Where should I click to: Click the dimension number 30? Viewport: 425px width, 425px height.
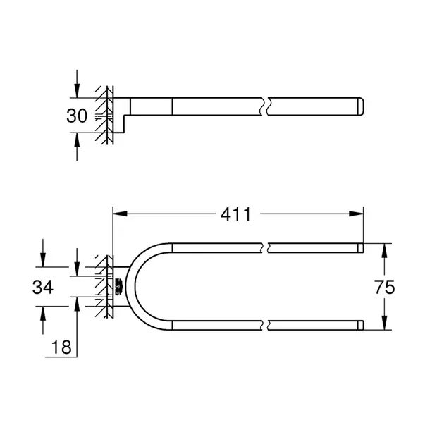pyautogui.click(x=77, y=116)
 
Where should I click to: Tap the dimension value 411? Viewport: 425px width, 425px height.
pyautogui.click(x=236, y=214)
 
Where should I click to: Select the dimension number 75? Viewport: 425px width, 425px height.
pyautogui.click(x=385, y=287)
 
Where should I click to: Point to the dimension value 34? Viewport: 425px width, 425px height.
pyautogui.click(x=43, y=287)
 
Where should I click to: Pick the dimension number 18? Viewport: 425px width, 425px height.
pyautogui.click(x=61, y=347)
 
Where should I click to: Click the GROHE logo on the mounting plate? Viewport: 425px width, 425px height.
pyautogui.click(x=119, y=287)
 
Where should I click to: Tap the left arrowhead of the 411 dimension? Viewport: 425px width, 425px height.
pyautogui.click(x=120, y=214)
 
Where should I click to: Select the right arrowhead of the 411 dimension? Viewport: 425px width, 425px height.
pyautogui.click(x=356, y=214)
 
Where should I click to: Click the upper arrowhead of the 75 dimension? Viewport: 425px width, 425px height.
pyautogui.click(x=384, y=250)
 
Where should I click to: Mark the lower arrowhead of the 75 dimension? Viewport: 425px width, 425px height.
pyautogui.click(x=384, y=323)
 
